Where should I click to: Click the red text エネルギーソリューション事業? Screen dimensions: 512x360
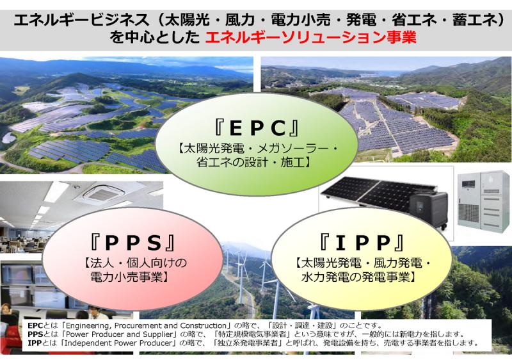[x=310, y=37]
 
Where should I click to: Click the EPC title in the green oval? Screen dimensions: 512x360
[x=257, y=127]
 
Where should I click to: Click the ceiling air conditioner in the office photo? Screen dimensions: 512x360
[x=104, y=193]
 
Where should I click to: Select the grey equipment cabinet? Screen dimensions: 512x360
[x=483, y=200]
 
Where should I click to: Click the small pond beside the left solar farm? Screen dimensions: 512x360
[x=8, y=138]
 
